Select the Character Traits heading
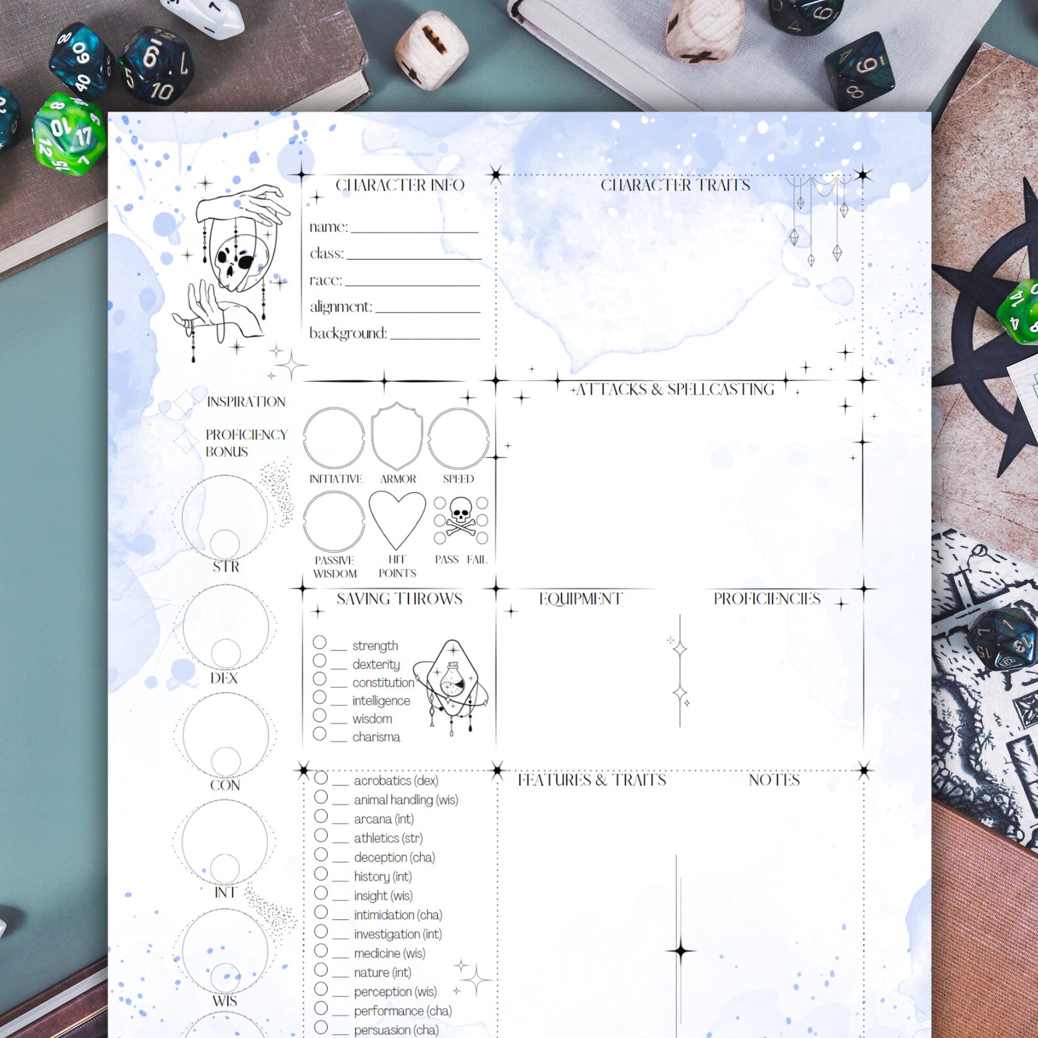click(x=675, y=186)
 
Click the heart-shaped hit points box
click(x=397, y=519)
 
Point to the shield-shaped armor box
click(x=397, y=436)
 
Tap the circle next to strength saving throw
click(x=320, y=643)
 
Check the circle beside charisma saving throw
click(x=320, y=734)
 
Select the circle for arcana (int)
click(x=321, y=816)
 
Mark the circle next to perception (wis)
click(x=321, y=989)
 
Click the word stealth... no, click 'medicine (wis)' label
click(x=390, y=954)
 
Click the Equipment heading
click(x=580, y=599)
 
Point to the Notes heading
click(x=774, y=780)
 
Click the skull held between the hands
click(x=235, y=263)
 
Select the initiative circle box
click(x=334, y=438)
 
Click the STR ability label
click(x=226, y=567)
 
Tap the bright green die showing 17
click(x=69, y=134)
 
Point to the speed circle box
click(x=458, y=438)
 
